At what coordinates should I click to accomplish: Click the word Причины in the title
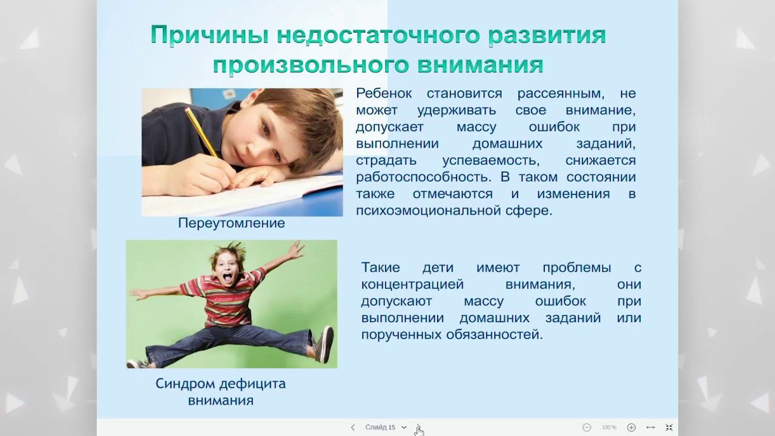point(208,36)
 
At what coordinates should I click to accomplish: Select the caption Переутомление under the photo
point(231,223)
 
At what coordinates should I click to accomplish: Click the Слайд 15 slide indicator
point(380,428)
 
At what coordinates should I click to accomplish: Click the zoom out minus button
point(587,428)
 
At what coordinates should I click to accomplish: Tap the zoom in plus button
point(632,428)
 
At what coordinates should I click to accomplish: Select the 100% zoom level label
point(609,428)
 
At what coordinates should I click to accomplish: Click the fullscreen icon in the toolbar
point(669,428)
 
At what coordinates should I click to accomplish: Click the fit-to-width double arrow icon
point(650,428)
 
